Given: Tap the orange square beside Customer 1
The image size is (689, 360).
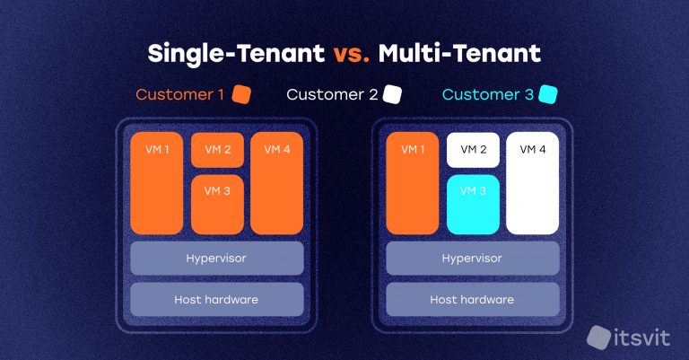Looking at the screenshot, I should pos(241,94).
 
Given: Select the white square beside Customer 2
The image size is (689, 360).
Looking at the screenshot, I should pos(392,94).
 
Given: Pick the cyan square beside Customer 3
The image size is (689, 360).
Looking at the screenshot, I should pos(549,94).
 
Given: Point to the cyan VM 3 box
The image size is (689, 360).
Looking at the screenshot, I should pos(473,204).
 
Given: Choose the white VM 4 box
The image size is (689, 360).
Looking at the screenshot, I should pos(532,183).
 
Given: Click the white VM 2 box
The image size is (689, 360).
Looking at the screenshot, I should pos(473,149).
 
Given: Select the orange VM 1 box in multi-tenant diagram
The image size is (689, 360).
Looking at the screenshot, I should pos(412,183).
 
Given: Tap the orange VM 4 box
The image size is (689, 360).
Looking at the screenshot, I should pos(276,183).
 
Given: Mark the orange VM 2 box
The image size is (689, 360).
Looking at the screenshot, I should pos(217,149).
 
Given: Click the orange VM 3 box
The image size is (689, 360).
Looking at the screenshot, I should pos(217,204).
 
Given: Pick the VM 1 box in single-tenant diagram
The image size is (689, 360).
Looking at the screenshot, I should pos(156,183).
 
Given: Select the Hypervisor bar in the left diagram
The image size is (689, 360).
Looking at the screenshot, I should pos(216,259).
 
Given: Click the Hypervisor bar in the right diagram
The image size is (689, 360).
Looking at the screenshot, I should pos(472,259).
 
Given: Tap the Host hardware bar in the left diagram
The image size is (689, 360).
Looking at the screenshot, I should pos(216,299).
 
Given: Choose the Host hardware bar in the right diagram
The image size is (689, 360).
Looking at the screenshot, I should pos(472,299).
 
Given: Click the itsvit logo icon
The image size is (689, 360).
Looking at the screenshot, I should pos(597,337).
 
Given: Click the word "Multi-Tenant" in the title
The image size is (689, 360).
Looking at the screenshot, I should pos(459,53).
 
